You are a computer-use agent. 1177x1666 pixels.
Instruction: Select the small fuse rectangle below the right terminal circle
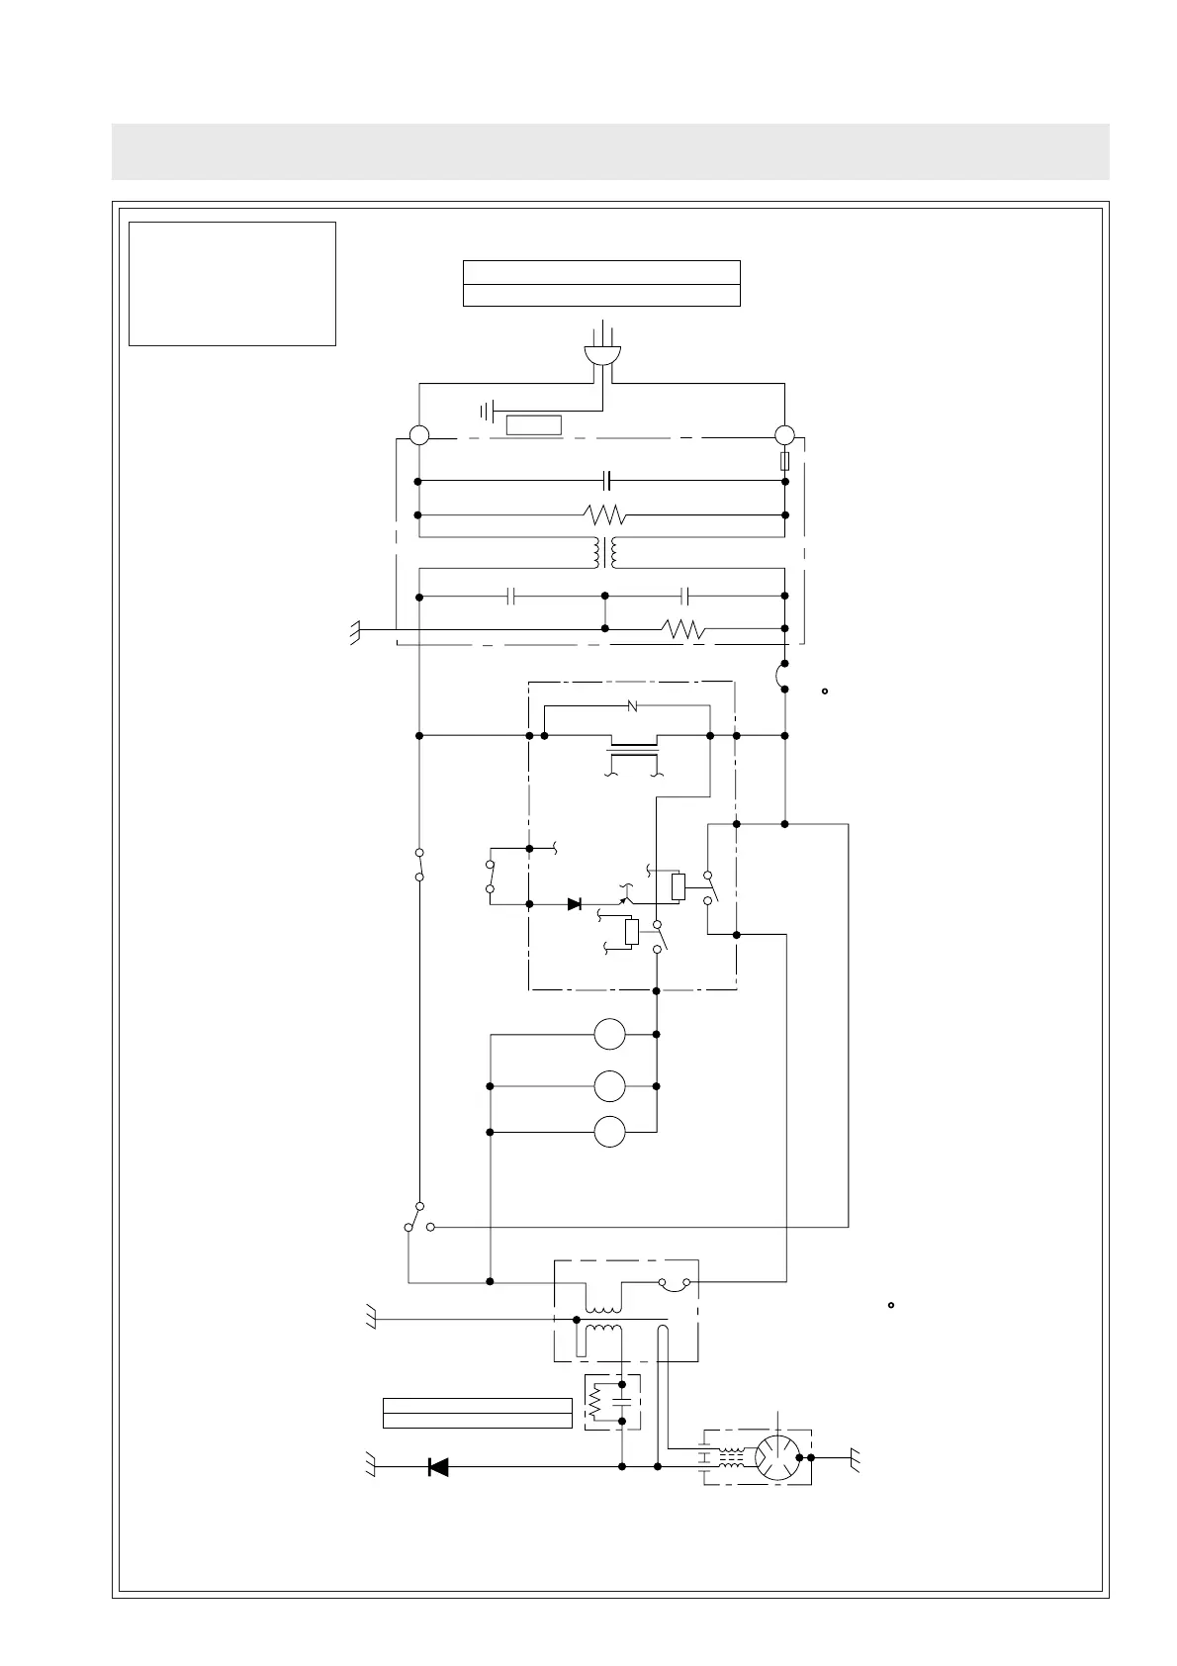point(785,461)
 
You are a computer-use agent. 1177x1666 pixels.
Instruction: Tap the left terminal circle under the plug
point(419,434)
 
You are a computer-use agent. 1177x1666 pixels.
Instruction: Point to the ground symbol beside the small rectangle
point(487,411)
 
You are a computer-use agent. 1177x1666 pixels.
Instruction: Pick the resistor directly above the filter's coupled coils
point(604,515)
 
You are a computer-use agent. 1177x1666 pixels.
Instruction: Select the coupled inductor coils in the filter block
point(604,553)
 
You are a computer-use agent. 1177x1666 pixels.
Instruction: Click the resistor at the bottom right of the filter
point(683,628)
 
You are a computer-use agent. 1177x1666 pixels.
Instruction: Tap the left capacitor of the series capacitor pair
point(510,597)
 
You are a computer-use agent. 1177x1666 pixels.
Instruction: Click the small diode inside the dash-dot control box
point(574,903)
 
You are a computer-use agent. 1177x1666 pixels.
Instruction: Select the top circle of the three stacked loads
point(609,1035)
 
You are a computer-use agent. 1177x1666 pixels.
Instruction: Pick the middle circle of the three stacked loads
point(609,1086)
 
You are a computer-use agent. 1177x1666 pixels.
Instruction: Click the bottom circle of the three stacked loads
point(609,1132)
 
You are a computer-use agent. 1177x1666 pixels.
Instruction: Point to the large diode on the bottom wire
point(437,1467)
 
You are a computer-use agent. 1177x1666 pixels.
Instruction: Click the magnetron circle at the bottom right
point(776,1457)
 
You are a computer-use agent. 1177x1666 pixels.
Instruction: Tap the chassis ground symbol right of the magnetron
point(856,1457)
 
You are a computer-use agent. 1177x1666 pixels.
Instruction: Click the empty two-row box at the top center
point(601,283)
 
